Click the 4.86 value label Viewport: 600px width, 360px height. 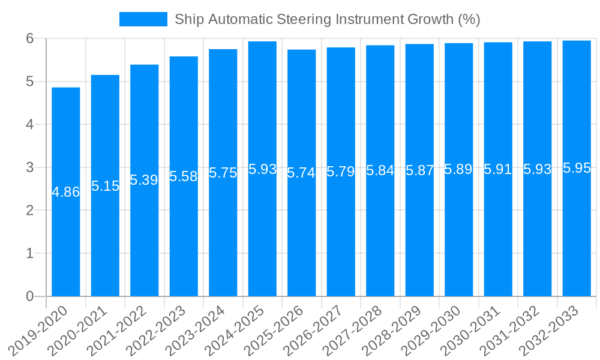coord(65,193)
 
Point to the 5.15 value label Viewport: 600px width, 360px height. coord(105,186)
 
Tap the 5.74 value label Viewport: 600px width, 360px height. coord(302,173)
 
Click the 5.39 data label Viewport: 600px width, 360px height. coord(144,181)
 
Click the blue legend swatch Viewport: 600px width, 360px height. coord(143,19)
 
